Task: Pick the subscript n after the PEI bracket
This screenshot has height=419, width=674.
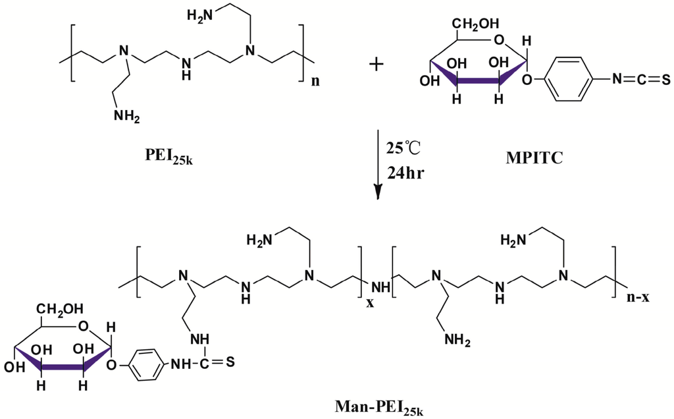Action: tap(317, 82)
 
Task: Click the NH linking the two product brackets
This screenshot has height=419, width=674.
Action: tap(382, 287)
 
